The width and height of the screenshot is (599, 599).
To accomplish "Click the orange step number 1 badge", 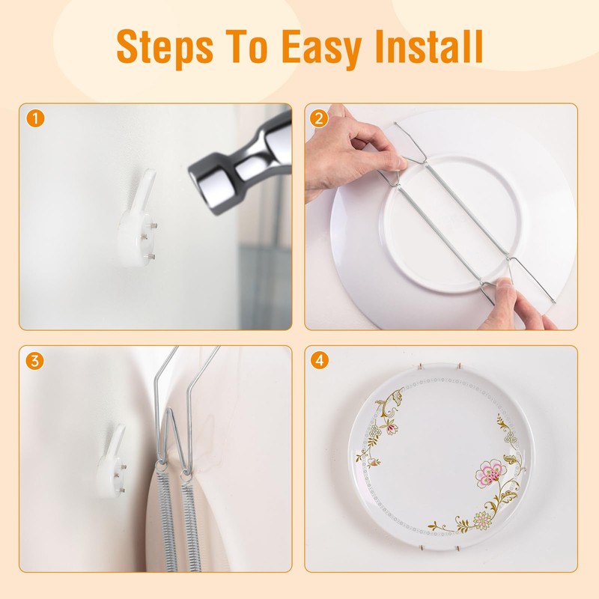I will coord(33,118).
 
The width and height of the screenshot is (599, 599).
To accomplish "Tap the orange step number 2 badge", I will coord(320,118).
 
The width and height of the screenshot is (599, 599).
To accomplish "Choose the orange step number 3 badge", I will coord(33,360).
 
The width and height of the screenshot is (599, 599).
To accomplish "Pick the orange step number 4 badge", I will coord(320,360).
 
